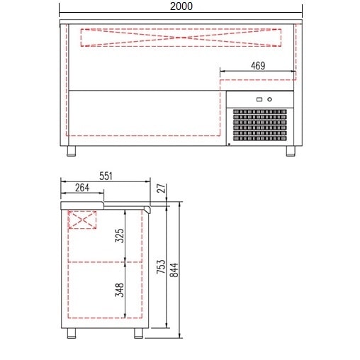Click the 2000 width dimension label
tap(181, 6)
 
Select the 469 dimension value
tap(257, 65)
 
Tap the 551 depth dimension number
tap(106, 176)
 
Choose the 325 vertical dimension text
tap(120, 236)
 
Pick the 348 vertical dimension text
tap(120, 290)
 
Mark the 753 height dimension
tap(161, 266)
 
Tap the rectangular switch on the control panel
tap(259, 99)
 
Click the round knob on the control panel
tap(269, 99)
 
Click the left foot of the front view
tap(72, 151)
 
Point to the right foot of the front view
tap(291, 151)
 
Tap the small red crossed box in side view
tap(82, 220)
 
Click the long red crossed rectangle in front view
tap(186, 38)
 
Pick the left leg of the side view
tap(72, 333)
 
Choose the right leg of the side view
tap(137, 333)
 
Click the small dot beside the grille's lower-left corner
tap(229, 145)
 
